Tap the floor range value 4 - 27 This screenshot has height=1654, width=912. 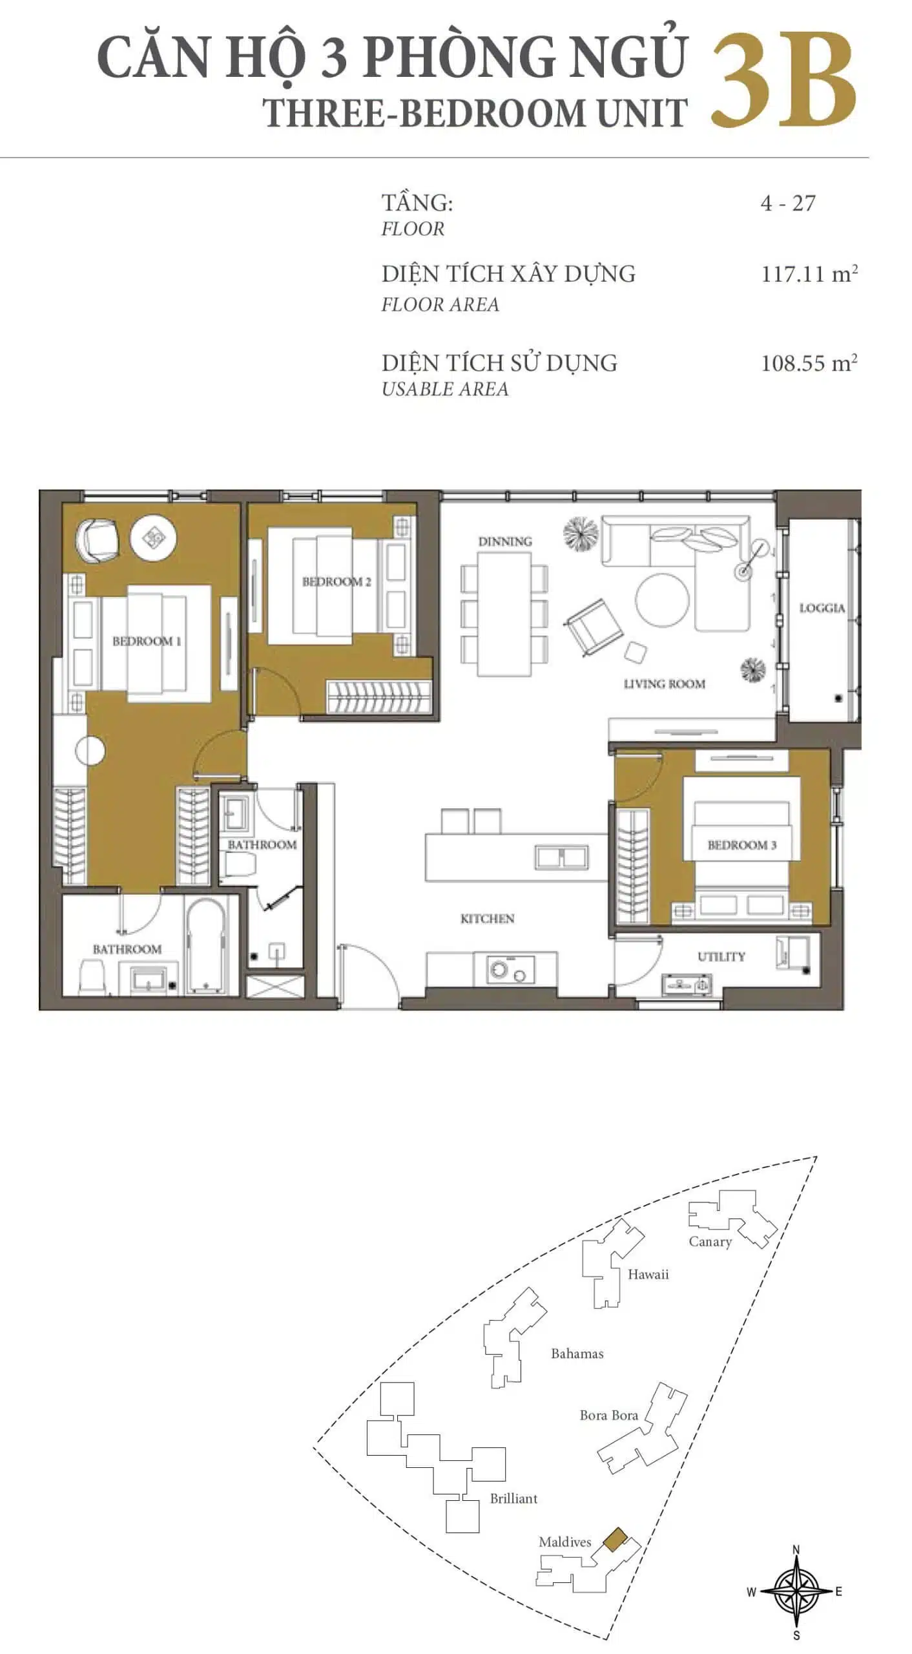click(788, 203)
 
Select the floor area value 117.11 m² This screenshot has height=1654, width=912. click(809, 274)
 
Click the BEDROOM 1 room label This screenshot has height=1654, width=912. click(147, 641)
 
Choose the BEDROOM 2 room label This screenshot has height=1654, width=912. click(337, 581)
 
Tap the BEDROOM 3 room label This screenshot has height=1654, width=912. click(741, 844)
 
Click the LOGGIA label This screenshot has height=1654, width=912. click(822, 607)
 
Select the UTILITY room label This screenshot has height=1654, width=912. click(721, 956)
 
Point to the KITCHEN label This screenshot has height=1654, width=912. click(487, 918)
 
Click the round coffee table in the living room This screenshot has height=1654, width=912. click(662, 600)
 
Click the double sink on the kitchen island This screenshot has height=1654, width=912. click(561, 857)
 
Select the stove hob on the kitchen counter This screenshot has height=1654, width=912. click(513, 970)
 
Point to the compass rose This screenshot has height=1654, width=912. click(796, 1591)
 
